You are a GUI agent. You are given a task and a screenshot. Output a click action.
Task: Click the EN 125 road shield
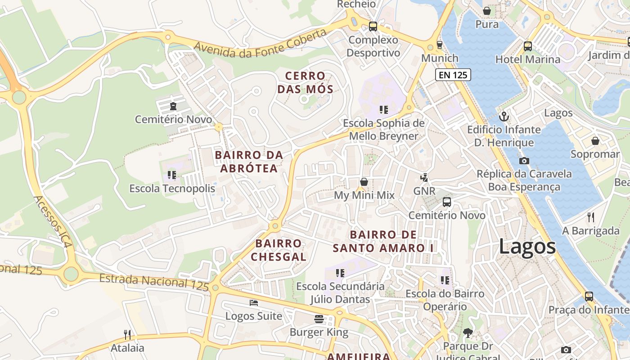[453, 75]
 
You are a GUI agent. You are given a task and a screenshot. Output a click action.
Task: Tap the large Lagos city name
[527, 247]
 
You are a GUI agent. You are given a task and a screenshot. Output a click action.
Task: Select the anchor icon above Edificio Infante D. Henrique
[504, 117]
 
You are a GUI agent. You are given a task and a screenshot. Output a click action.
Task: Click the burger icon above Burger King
[319, 319]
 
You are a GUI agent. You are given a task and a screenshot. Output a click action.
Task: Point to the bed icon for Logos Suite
[254, 303]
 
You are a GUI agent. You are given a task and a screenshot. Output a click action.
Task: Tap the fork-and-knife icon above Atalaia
[127, 334]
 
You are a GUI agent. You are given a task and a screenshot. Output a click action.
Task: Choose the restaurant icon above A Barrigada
[591, 217]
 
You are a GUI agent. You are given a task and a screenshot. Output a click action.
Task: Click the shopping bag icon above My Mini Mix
[364, 182]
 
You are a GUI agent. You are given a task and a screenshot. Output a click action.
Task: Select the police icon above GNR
[424, 177]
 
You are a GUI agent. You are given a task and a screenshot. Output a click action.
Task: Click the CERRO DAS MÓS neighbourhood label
[305, 82]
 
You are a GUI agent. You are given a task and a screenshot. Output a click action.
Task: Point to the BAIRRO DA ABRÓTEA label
[249, 162]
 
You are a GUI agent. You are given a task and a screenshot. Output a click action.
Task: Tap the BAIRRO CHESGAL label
[279, 250]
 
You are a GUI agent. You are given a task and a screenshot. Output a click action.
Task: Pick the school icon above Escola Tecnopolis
[171, 175]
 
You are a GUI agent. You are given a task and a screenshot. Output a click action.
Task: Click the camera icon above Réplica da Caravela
[524, 161]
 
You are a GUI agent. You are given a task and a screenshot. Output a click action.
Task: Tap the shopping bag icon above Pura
[486, 11]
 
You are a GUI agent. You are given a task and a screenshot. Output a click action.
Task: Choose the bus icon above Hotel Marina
[527, 46]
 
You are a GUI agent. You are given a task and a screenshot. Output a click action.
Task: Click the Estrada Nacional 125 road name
[154, 282]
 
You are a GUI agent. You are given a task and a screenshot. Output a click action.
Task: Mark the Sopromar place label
[595, 154]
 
